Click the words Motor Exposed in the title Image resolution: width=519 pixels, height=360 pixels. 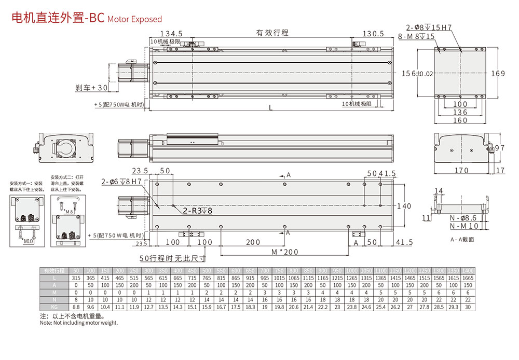click(x=134, y=19)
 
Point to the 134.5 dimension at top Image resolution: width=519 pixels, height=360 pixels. click(x=171, y=34)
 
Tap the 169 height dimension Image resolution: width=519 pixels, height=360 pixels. click(x=498, y=74)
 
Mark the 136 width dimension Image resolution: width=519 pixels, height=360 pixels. click(x=460, y=112)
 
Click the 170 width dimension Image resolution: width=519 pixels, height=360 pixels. click(x=461, y=170)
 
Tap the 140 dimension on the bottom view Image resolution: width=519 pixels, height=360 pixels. click(x=404, y=206)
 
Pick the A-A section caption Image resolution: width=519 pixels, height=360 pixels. click(x=462, y=240)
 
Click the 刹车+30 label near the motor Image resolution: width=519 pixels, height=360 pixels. click(x=92, y=88)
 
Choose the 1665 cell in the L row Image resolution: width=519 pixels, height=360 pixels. click(x=468, y=279)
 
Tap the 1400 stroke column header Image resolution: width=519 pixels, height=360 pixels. click(x=468, y=271)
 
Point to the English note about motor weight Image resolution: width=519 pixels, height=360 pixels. click(x=79, y=323)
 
